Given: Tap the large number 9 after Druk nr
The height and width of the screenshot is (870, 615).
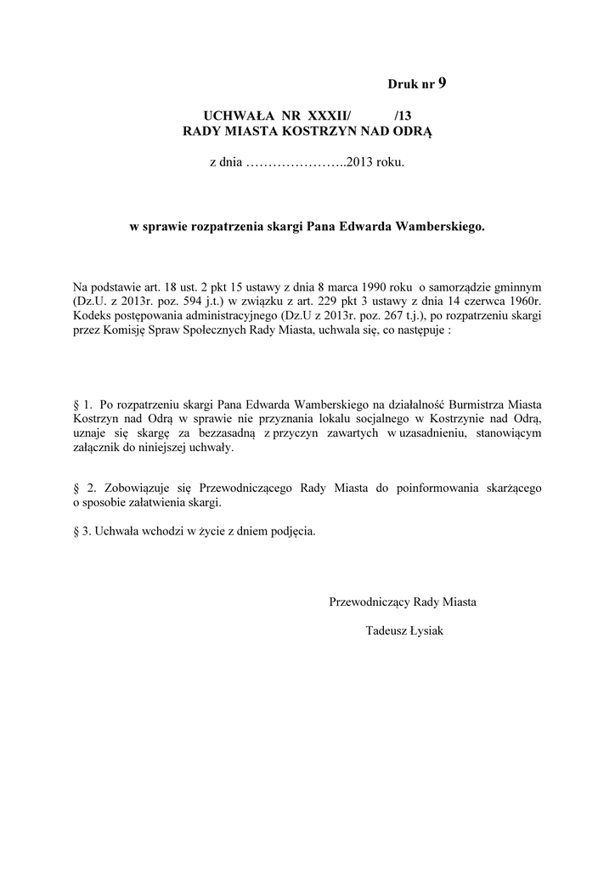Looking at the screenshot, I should tap(442, 82).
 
